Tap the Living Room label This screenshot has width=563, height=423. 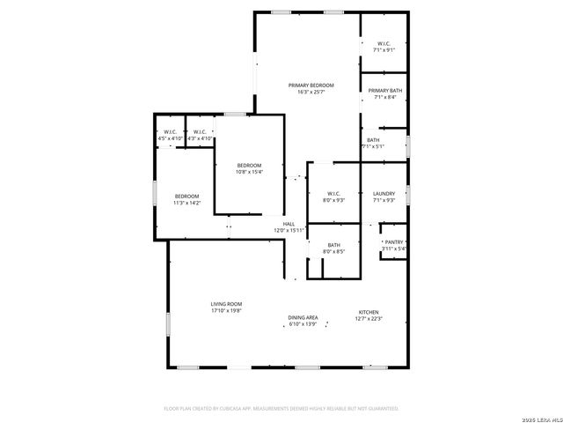tap(226, 304)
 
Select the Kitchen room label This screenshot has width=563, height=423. tap(368, 312)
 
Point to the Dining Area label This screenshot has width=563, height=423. tap(303, 317)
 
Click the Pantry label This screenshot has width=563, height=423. tap(393, 241)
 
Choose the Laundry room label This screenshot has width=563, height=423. tap(384, 194)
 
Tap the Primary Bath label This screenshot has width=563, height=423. tap(384, 91)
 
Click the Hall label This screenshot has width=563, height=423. tap(289, 224)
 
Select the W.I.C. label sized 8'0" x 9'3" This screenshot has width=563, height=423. tap(334, 194)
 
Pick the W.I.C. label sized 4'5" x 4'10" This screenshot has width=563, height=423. tap(170, 132)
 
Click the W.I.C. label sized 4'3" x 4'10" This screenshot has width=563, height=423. tap(200, 132)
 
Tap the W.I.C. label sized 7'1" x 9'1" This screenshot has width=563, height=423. tap(384, 43)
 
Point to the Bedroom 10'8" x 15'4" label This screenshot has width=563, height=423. tap(249, 166)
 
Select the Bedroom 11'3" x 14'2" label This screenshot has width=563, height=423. tap(186, 196)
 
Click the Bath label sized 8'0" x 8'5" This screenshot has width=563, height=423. tap(334, 245)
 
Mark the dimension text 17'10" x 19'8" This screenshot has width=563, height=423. tap(226, 310)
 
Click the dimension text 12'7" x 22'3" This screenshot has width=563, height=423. tap(368, 319)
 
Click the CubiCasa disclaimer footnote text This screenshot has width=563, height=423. tap(281, 409)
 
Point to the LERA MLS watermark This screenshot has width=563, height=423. tap(540, 417)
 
